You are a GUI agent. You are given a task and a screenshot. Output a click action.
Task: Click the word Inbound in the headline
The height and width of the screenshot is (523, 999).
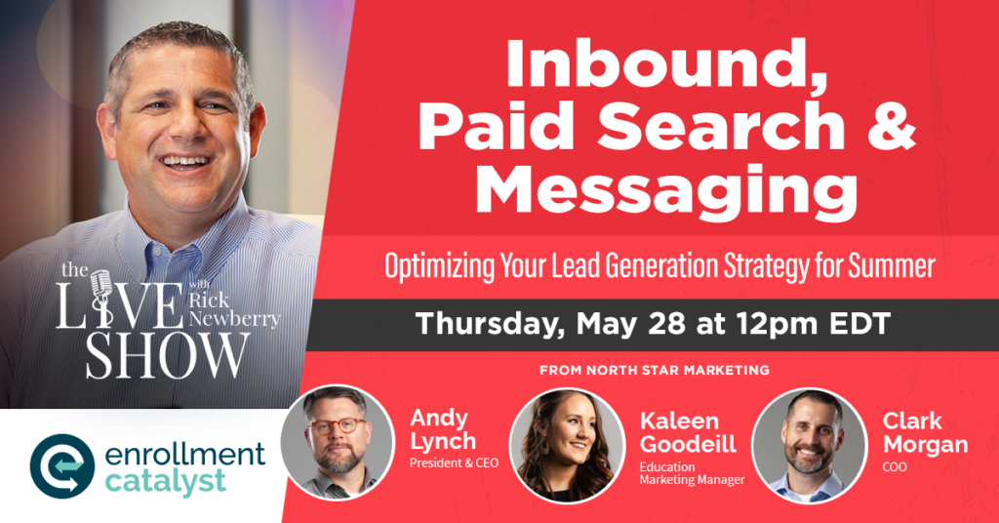click(666, 66)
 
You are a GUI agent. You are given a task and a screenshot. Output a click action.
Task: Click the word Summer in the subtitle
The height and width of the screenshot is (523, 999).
click(892, 265)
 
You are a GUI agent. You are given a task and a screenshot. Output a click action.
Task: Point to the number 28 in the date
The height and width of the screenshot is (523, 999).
click(667, 324)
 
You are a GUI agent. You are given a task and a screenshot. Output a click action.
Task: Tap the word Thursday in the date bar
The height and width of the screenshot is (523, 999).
click(490, 324)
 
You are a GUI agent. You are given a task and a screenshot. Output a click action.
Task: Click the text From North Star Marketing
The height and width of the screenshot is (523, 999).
click(655, 370)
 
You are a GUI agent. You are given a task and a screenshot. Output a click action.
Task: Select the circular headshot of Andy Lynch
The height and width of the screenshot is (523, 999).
click(338, 442)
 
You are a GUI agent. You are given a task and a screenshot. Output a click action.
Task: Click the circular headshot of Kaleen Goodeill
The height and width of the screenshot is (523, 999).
click(567, 445)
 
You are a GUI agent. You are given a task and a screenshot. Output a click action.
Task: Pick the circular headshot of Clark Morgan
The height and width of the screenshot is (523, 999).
click(809, 445)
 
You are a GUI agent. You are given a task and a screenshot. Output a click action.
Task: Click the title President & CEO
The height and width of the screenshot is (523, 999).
click(454, 463)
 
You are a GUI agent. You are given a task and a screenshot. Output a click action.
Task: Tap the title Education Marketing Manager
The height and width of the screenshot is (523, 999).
click(692, 473)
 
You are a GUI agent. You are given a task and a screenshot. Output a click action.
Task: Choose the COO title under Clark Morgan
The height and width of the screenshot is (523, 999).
click(895, 467)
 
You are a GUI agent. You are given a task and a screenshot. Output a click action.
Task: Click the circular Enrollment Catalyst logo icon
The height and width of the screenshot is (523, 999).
click(62, 466)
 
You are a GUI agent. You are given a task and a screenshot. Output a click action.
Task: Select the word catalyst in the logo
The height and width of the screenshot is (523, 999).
click(164, 482)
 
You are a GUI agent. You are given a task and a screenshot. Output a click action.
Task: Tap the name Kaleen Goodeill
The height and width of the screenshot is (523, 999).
click(688, 432)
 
